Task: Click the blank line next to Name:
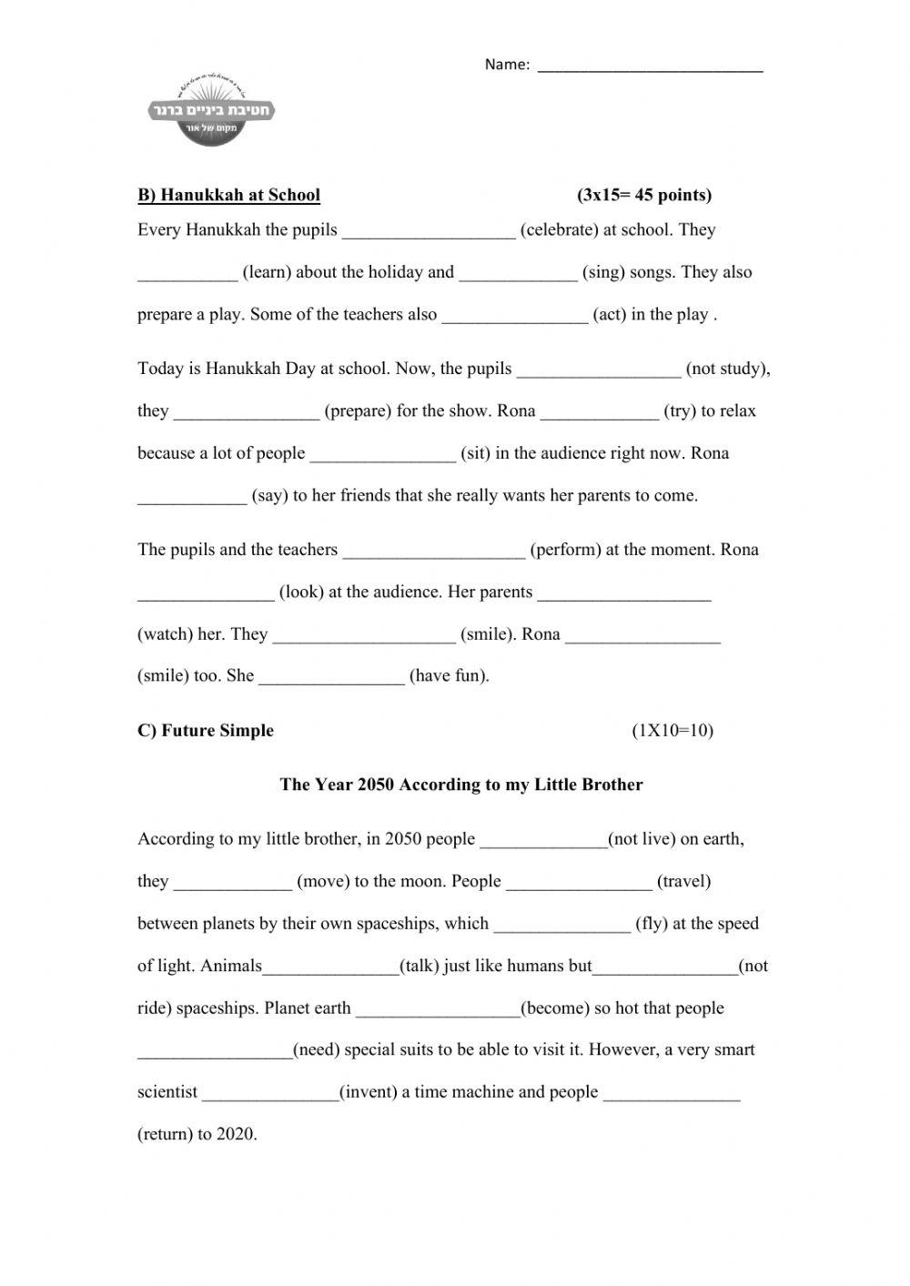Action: pos(650,66)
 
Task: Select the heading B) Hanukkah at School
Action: pos(228,195)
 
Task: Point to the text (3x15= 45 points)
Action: pos(644,195)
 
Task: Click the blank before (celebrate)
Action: pos(428,231)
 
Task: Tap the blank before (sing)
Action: pos(518,274)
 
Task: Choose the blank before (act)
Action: pos(514,316)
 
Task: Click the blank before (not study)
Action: pos(598,370)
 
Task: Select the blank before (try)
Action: pos(599,412)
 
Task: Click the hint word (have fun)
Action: pos(450,676)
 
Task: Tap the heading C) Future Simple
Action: pos(206,731)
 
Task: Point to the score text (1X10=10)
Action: pos(672,731)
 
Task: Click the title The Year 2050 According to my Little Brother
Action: pos(461,785)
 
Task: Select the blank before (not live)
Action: pos(543,840)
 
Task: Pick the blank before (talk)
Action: pos(331,967)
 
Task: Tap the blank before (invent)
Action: pos(270,1093)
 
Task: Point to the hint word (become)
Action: pos(558,1008)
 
